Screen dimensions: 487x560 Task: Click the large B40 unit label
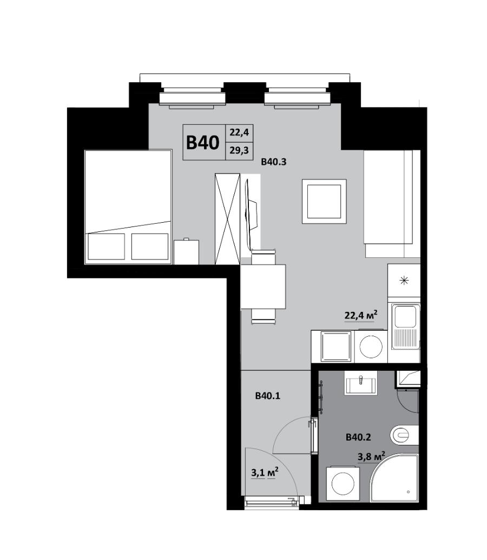point(203,143)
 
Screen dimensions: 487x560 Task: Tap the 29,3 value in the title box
point(239,150)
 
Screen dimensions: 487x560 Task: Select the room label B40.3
point(274,162)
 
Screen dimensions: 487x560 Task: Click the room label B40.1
point(267,396)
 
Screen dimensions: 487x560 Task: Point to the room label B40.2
point(358,437)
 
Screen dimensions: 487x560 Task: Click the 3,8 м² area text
point(371,456)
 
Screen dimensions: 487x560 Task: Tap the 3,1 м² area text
point(265,472)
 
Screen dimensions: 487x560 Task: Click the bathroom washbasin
point(360,383)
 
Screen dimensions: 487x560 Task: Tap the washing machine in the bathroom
point(343,483)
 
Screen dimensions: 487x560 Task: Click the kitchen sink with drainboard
point(405,326)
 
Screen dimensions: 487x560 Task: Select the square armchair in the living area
point(324,202)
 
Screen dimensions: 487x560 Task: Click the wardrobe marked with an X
point(227,219)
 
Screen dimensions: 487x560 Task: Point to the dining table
point(263,286)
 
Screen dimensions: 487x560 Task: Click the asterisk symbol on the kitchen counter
point(404,281)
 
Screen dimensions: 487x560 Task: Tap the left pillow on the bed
point(106,246)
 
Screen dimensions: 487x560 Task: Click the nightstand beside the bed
point(186,252)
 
